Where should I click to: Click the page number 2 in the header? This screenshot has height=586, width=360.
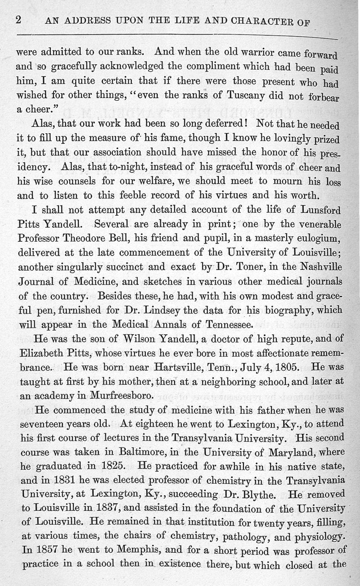pyautogui.click(x=19, y=20)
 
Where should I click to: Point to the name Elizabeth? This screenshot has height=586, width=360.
pyautogui.click(x=41, y=354)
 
